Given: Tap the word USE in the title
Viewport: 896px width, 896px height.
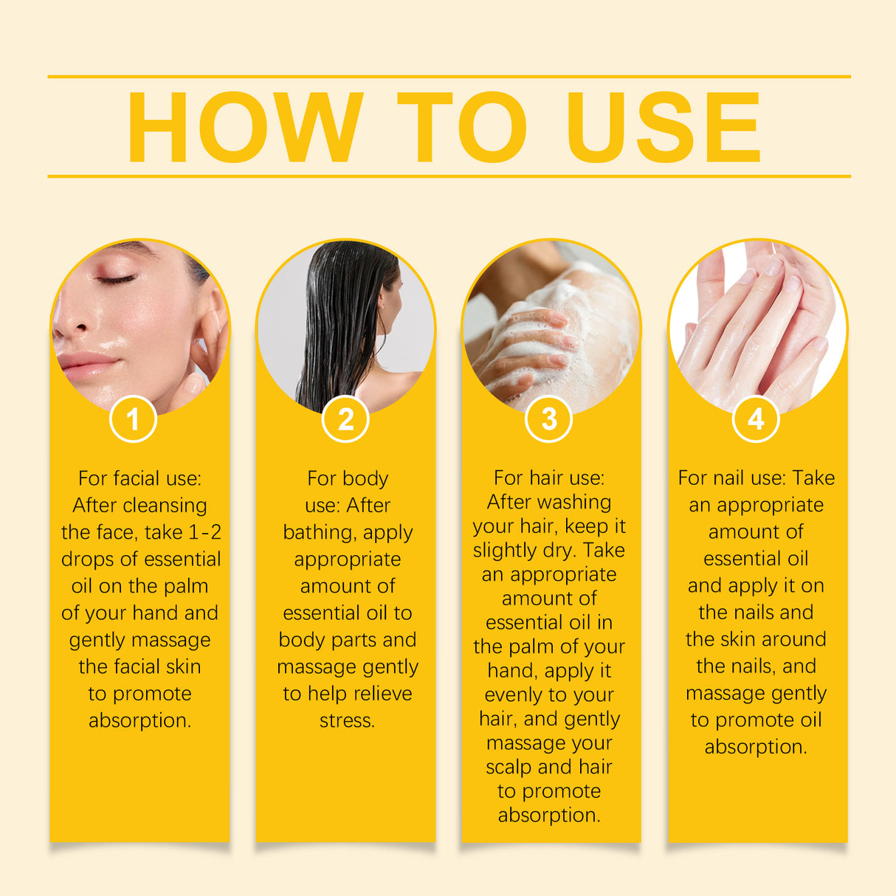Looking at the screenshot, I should coord(662,127).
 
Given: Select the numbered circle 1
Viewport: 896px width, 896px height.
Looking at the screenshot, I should coord(133,419).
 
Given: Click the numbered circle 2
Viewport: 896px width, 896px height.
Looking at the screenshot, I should coord(345,419).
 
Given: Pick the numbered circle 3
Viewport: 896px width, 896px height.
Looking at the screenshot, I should coord(548,419).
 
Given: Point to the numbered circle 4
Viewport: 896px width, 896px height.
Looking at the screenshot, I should coord(756,419).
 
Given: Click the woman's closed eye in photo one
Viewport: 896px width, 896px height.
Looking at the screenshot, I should coord(116,280).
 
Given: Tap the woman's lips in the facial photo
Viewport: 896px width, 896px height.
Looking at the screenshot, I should coord(86,365).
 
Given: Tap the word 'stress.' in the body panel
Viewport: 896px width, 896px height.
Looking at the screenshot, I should coord(347,720).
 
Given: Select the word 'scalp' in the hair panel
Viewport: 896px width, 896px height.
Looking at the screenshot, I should coord(509,767).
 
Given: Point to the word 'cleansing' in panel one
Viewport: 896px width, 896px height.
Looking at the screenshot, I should coord(165,506).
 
